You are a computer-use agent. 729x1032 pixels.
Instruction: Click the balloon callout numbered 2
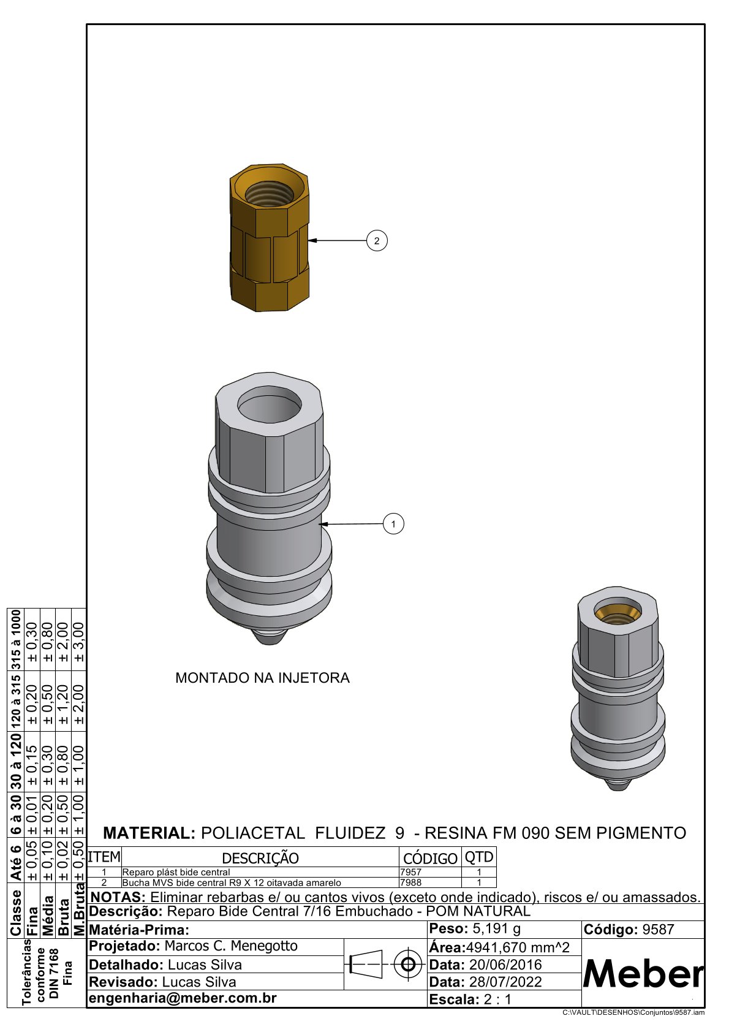377,240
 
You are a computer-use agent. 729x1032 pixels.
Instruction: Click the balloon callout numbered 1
393,524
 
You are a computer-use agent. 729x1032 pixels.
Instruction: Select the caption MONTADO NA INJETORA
262,678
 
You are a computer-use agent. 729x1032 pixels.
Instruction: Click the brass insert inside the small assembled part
617,613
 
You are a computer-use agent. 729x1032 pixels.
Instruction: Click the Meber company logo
643,974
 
